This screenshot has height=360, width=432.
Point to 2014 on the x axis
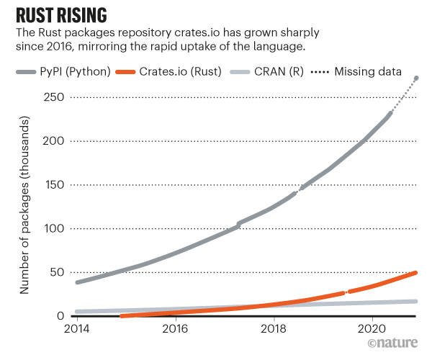coord(77,330)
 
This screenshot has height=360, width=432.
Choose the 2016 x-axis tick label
coord(176,330)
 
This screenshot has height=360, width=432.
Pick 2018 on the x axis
coord(274,330)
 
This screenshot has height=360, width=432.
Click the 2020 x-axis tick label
coord(372,330)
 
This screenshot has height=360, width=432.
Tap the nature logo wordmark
coord(395,347)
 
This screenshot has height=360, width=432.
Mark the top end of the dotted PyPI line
coord(417,78)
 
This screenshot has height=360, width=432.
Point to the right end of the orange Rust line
coord(416,273)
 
